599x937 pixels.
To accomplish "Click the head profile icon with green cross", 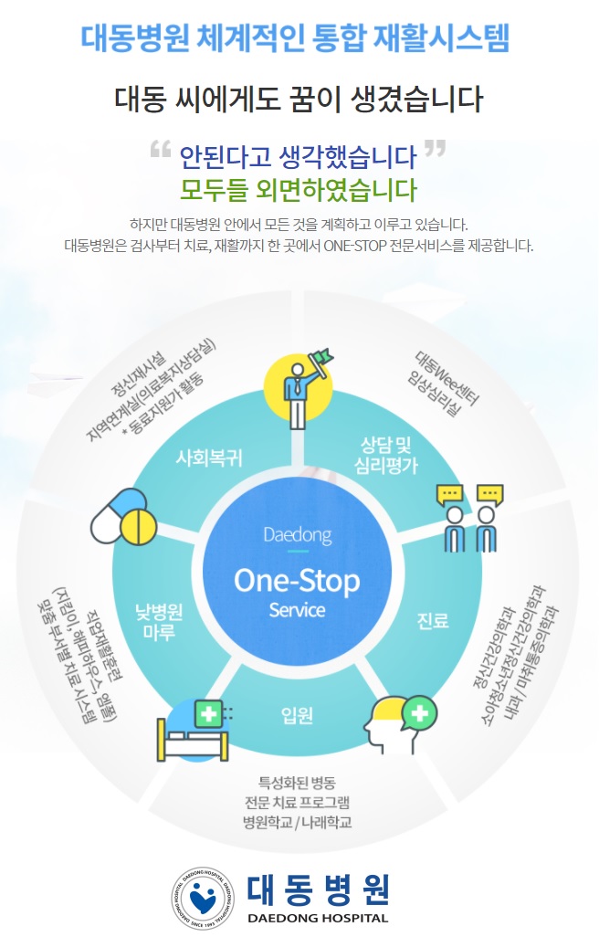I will pos(402,721).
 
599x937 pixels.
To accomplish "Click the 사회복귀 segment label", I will pos(209,458).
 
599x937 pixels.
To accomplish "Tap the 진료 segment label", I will pos(433,620).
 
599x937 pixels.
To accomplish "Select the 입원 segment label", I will pos(298,714).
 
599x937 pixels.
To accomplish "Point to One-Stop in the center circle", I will pos(297,580).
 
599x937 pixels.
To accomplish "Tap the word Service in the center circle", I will pos(297,610).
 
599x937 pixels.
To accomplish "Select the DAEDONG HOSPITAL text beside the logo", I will pos(318,918).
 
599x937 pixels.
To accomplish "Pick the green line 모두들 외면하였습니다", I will pos(298,191).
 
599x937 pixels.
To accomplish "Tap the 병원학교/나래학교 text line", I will pos(298,822).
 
